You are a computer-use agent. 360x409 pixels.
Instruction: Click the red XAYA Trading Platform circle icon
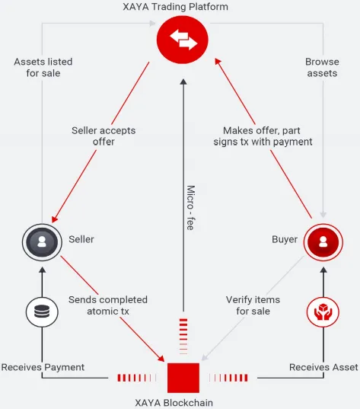coord(183,40)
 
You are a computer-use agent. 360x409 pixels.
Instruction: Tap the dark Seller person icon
coord(42,241)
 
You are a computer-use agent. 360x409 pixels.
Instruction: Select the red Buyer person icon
coord(323,241)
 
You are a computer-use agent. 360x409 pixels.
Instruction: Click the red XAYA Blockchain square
coord(183,378)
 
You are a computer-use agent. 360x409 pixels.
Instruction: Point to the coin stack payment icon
coord(42,312)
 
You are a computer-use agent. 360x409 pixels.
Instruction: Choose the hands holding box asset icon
coord(323,312)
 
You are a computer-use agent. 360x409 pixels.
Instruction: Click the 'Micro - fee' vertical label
coord(191,208)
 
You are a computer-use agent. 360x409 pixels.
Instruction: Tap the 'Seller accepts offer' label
coord(104,136)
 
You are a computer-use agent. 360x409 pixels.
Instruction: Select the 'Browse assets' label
coord(322,67)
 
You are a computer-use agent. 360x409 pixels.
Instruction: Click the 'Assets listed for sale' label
coord(43,67)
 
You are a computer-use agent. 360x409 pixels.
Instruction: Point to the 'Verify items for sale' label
coord(253,305)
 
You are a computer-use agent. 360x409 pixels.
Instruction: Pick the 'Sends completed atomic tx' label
coord(108,305)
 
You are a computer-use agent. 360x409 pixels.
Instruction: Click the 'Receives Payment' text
coord(43,367)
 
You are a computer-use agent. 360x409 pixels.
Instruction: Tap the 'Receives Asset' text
coord(323,367)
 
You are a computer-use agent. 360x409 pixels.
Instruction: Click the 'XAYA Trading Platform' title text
coord(176,7)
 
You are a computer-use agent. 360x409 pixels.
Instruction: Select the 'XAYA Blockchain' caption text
coord(174,402)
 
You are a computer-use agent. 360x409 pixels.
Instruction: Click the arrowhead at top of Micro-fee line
coord(183,81)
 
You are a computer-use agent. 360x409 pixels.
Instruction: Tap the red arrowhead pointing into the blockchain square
coord(161,358)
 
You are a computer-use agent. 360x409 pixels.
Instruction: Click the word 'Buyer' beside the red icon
coord(285,239)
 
